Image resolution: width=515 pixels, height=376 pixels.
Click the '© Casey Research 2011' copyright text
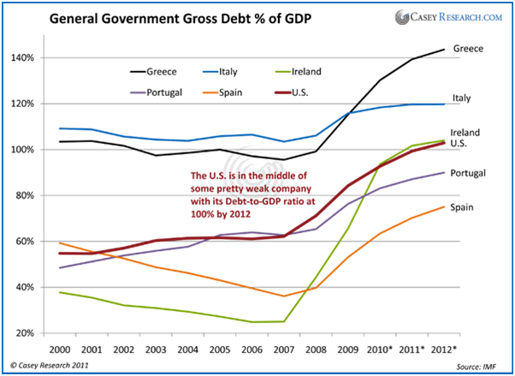(52, 366)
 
